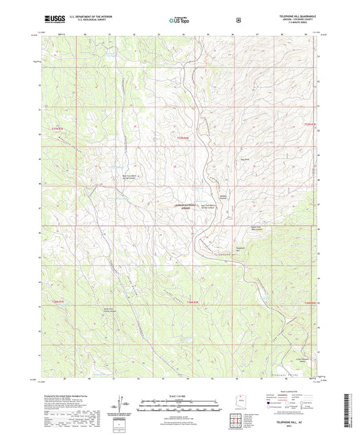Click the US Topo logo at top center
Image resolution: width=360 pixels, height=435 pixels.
click(179, 21)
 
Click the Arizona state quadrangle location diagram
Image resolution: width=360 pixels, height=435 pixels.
click(238, 399)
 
